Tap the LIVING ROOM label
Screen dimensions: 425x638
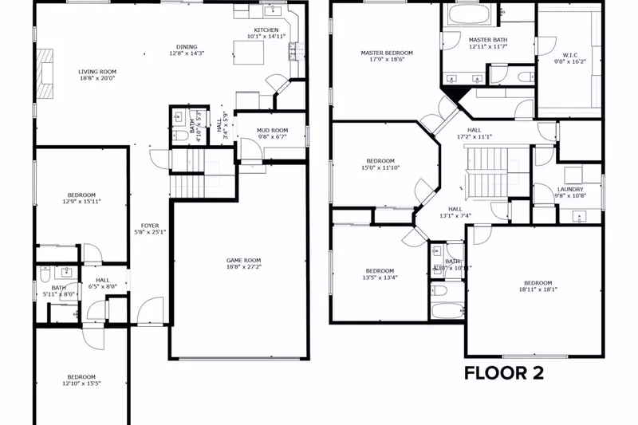(96, 72)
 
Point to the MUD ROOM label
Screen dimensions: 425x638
(272, 130)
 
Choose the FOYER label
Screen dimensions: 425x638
(150, 226)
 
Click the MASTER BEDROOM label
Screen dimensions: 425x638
(387, 53)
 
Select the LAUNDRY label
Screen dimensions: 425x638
(570, 189)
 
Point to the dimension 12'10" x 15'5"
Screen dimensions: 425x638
(81, 384)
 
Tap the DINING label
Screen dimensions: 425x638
(187, 46)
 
